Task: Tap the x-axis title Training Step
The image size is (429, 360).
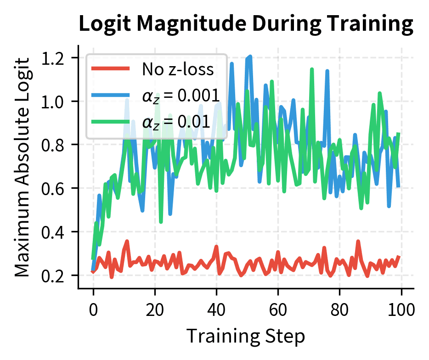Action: (246, 336)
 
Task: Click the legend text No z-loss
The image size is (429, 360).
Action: (178, 69)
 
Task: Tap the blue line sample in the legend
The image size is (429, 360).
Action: (110, 95)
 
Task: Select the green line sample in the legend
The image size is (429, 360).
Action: (110, 121)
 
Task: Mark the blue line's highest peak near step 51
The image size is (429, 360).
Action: (250, 57)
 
